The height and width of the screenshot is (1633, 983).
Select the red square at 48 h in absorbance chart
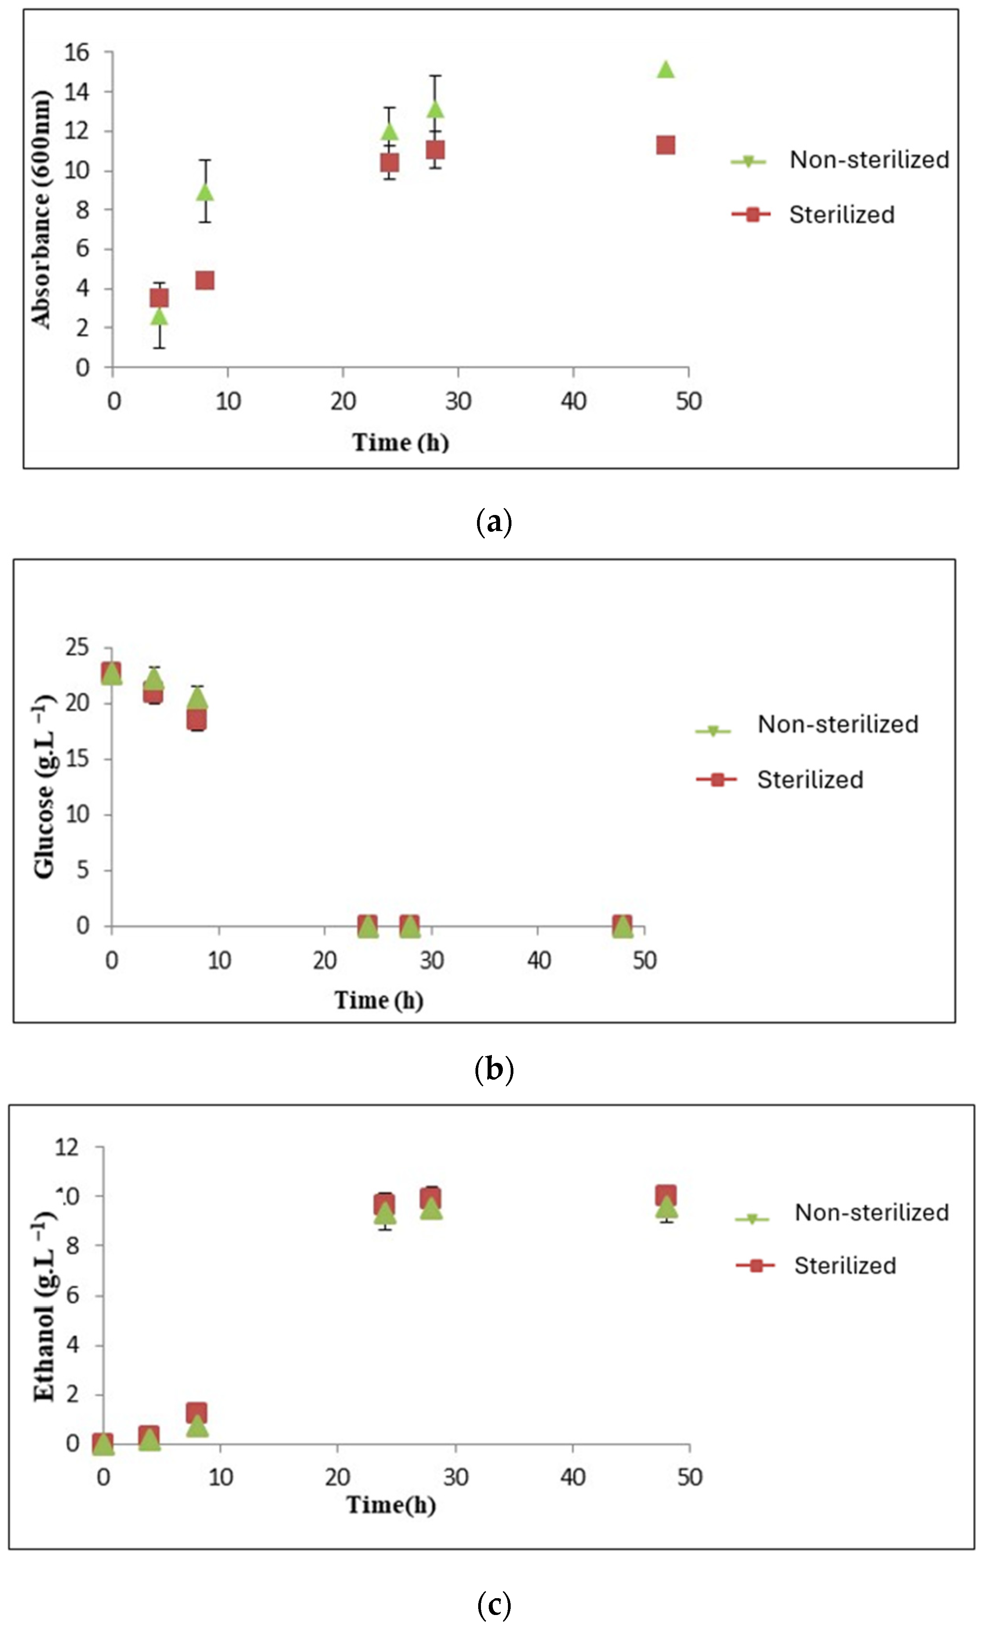click(x=665, y=145)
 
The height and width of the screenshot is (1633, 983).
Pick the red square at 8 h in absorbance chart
click(x=205, y=280)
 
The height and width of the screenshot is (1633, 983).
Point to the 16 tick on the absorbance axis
click(x=77, y=52)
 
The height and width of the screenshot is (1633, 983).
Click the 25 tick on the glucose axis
click(x=77, y=648)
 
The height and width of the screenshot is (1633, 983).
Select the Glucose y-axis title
click(x=44, y=787)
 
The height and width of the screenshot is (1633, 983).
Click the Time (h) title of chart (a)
click(x=400, y=442)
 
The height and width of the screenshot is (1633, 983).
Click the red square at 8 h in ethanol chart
click(x=196, y=1412)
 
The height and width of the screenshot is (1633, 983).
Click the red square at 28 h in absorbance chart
click(x=434, y=149)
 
